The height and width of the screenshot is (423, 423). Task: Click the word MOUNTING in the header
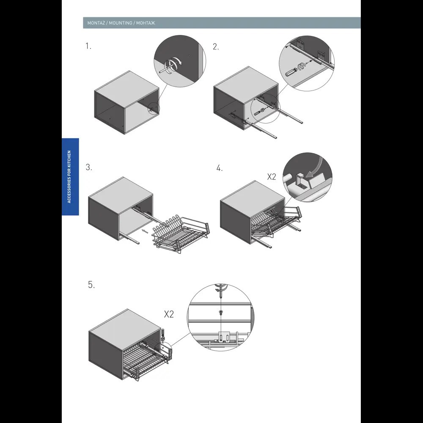[120, 23]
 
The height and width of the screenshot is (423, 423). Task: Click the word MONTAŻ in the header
[96, 23]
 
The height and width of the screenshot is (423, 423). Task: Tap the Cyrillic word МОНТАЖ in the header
[146, 23]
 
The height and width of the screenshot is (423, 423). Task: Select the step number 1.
[88, 46]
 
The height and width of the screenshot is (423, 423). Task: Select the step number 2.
[216, 47]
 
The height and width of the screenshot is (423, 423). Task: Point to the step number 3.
[89, 167]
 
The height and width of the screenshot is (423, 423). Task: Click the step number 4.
[219, 168]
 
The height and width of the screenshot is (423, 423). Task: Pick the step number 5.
[91, 285]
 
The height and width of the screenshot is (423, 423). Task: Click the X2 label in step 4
[272, 177]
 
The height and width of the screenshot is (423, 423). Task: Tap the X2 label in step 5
[169, 314]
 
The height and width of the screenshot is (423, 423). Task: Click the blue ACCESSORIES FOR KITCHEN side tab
[70, 177]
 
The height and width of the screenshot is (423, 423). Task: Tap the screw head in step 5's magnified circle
[221, 313]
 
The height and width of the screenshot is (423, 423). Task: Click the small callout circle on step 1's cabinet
[154, 109]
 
